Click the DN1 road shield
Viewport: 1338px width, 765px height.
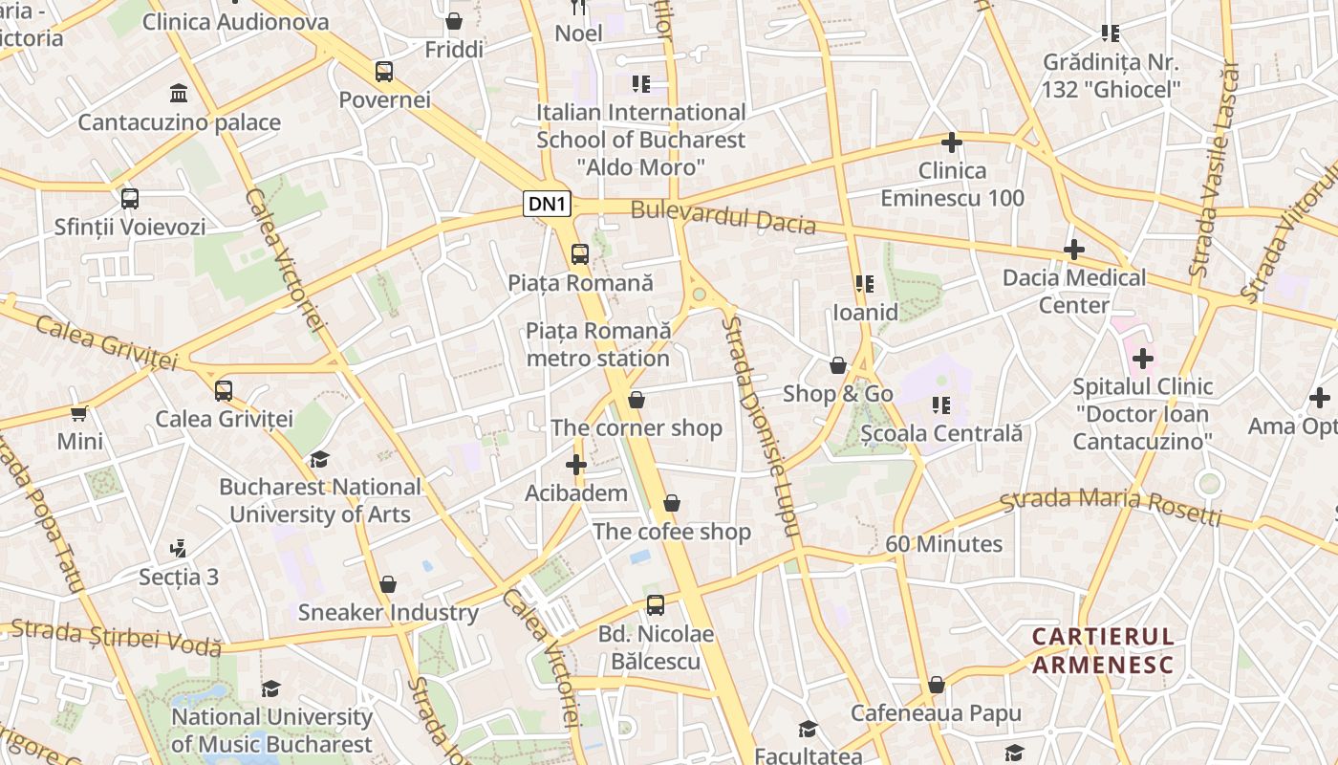point(548,204)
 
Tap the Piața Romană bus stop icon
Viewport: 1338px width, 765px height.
point(579,254)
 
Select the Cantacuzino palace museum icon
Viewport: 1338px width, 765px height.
point(179,93)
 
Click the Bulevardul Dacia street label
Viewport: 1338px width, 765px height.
point(723,217)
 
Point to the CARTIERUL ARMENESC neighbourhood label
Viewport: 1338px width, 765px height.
point(1103,650)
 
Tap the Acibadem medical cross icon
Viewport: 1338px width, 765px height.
point(575,466)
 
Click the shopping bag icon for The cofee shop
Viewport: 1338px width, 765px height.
point(672,503)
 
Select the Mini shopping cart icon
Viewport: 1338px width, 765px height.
point(79,413)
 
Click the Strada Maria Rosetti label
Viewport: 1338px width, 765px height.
point(1111,507)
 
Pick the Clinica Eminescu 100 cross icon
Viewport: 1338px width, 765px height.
point(951,142)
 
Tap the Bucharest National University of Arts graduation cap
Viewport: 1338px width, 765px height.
point(319,459)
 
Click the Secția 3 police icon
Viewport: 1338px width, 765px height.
point(178,549)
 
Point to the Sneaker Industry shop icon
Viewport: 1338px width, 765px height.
point(388,584)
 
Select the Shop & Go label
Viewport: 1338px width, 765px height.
point(837,394)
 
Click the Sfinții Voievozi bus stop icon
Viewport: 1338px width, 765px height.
point(130,199)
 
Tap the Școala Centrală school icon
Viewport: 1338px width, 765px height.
point(941,405)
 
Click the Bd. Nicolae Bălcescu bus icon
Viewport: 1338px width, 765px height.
point(655,605)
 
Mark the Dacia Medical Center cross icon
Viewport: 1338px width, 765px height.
point(1073,250)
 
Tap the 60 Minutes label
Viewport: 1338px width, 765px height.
point(943,544)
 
